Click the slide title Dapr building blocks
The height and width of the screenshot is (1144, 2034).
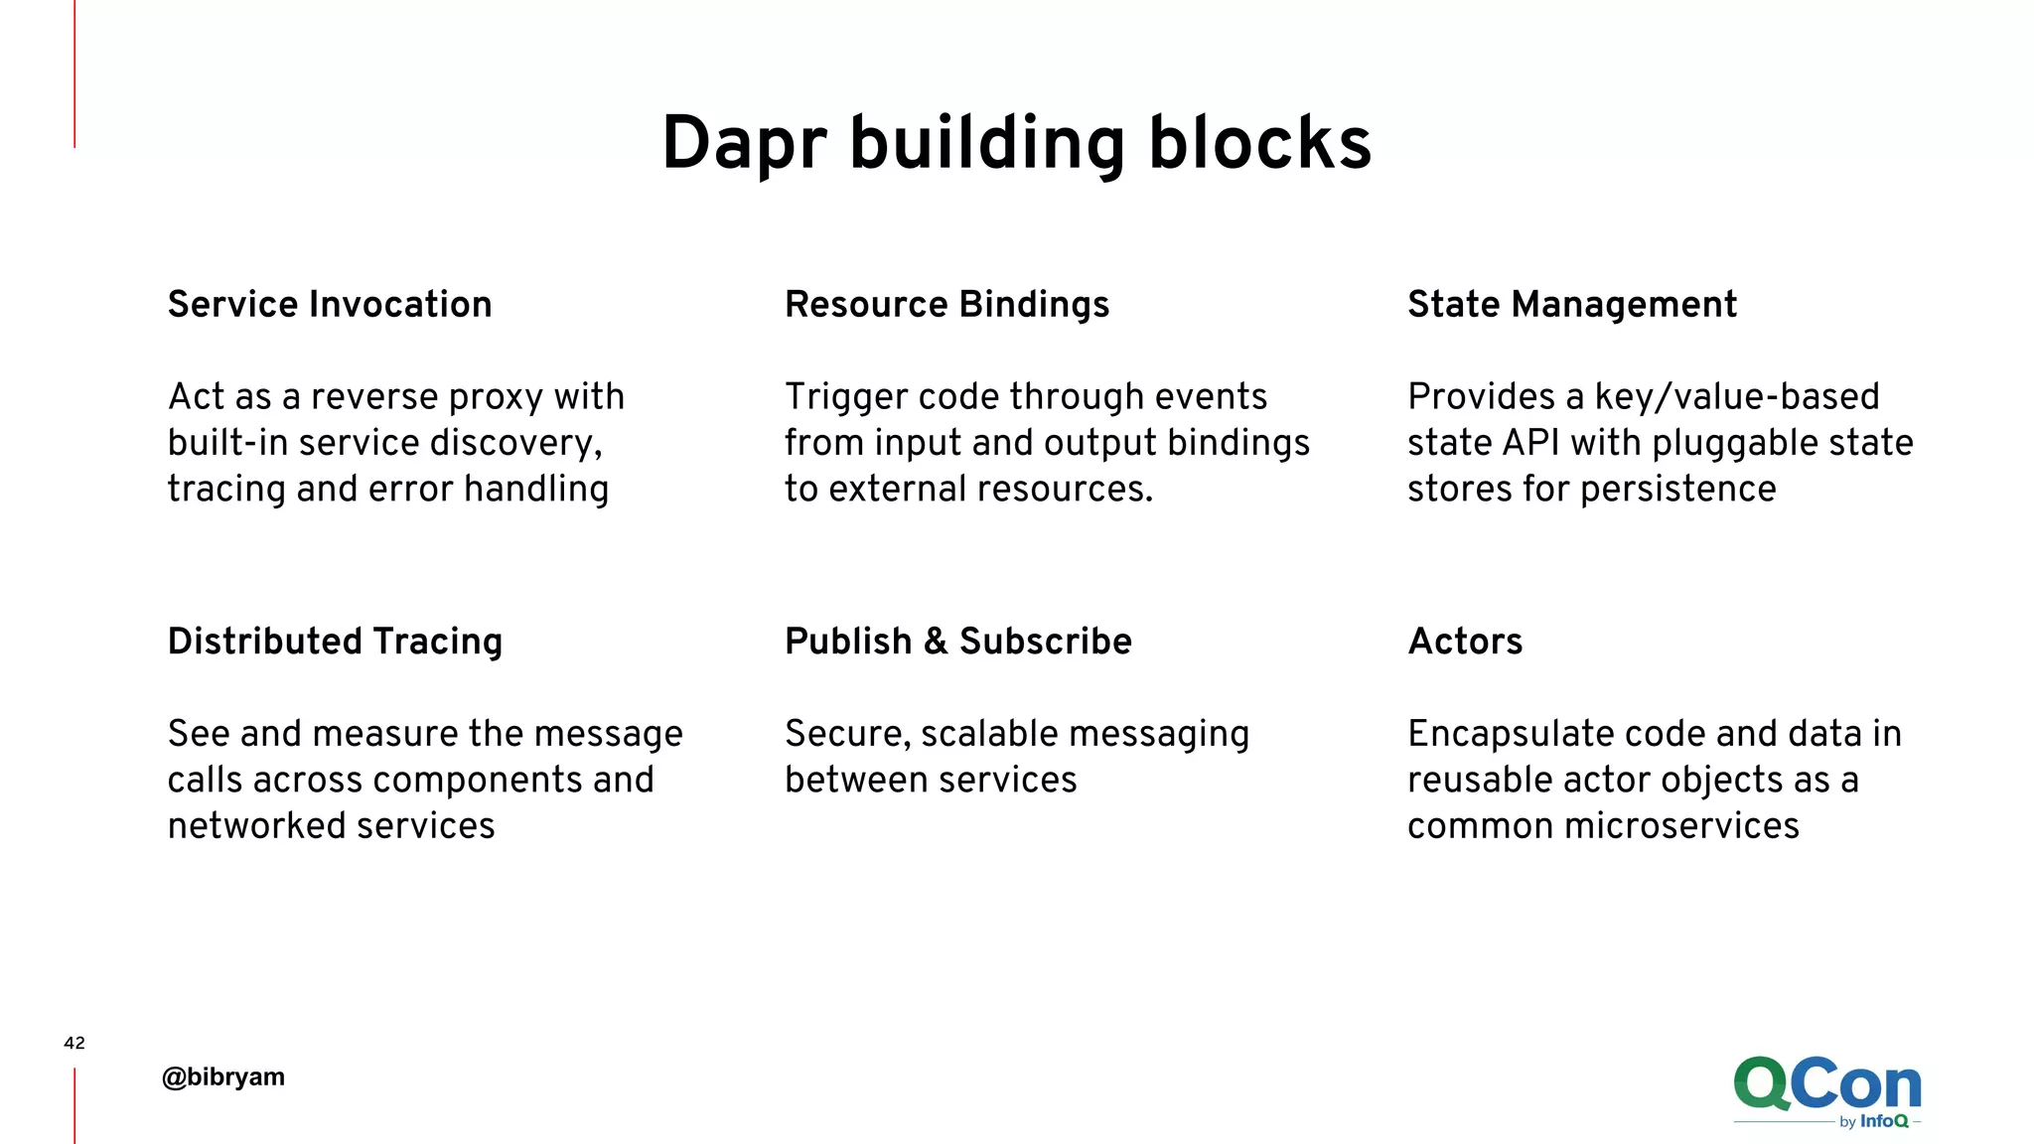(x=1016, y=144)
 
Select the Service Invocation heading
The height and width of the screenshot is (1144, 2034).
(x=330, y=304)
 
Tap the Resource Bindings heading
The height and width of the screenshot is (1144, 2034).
(x=946, y=304)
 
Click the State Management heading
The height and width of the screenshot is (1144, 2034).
(x=1572, y=304)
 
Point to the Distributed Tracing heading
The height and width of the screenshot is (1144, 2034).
(x=335, y=642)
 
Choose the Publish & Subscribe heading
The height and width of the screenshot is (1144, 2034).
(x=957, y=642)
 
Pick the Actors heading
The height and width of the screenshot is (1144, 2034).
(x=1465, y=642)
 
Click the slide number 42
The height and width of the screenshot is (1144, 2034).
(x=74, y=1043)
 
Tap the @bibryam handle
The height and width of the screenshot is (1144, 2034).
(x=223, y=1076)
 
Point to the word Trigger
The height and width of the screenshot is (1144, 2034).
(x=844, y=397)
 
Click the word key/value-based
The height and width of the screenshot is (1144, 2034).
(x=1737, y=397)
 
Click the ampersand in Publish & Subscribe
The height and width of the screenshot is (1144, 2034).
(x=936, y=642)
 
